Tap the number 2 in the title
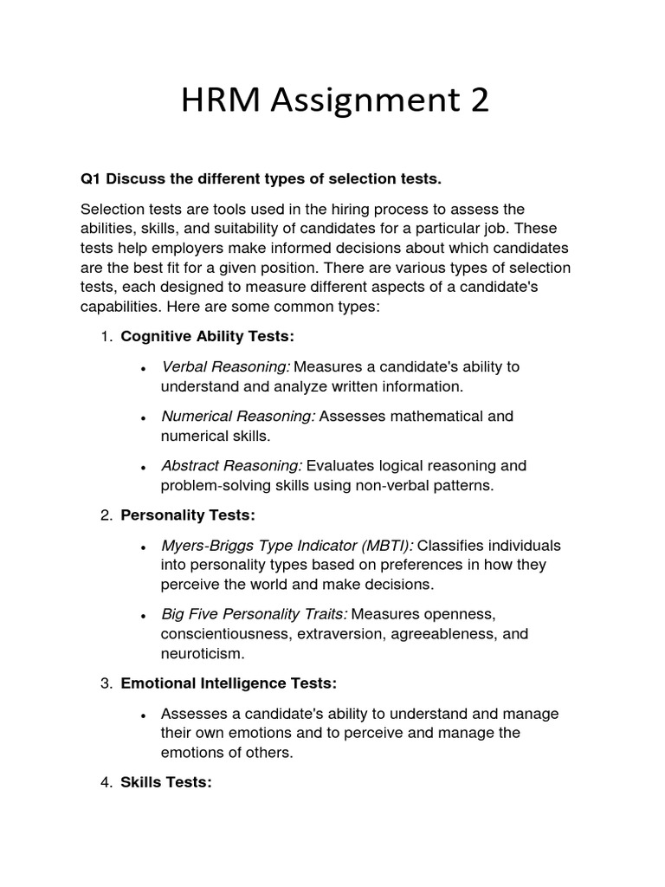tap(479, 100)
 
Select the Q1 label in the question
tap(90, 179)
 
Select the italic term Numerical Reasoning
tap(238, 416)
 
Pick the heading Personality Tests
tap(188, 515)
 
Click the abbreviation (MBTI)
tap(388, 546)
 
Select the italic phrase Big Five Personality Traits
tap(255, 614)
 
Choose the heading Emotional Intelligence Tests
tap(229, 683)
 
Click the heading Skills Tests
tap(166, 782)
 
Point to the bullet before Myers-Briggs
tap(142, 547)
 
